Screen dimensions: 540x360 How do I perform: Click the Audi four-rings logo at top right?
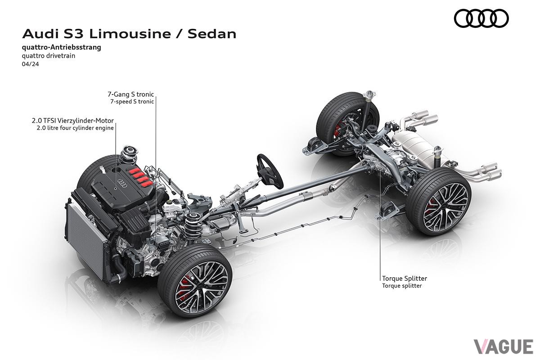(x=481, y=18)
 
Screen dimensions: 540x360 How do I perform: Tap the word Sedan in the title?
(x=212, y=34)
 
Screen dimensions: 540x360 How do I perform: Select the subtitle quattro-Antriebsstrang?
(x=62, y=47)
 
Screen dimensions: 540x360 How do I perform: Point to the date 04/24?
(x=31, y=64)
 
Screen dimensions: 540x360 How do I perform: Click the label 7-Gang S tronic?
(x=130, y=94)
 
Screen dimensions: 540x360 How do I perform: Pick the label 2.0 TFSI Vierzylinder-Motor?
(x=73, y=120)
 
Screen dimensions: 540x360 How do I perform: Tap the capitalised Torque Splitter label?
(x=405, y=279)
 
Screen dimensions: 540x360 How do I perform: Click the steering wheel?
(x=270, y=171)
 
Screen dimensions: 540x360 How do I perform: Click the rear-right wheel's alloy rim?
(x=446, y=208)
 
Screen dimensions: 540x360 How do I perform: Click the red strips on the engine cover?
(x=140, y=177)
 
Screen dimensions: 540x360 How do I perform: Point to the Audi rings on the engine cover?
(x=121, y=183)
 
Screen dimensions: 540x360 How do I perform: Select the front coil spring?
(x=192, y=226)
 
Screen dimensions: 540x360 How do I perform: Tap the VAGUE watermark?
(x=504, y=347)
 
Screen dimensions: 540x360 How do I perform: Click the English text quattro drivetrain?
(x=49, y=56)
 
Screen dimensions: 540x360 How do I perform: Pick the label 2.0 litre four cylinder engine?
(x=75, y=128)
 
